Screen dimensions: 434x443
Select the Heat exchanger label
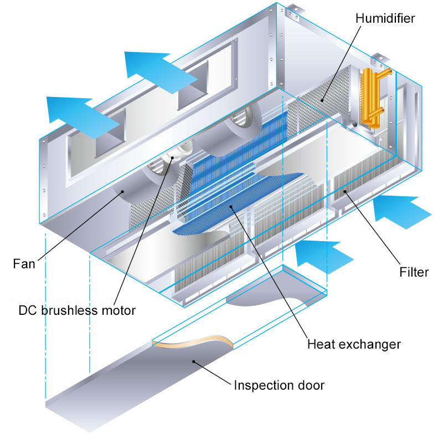[353, 344]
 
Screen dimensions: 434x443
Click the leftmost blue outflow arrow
[72, 108]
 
